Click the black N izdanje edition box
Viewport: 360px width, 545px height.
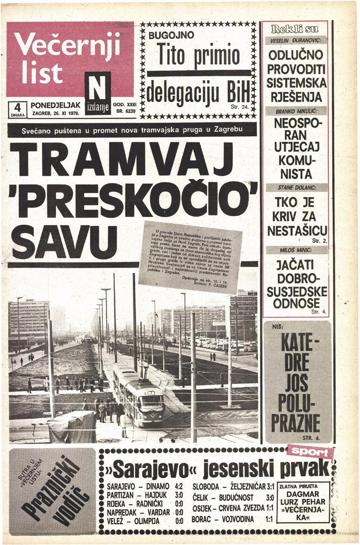(97, 93)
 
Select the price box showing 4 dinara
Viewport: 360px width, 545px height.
(17, 110)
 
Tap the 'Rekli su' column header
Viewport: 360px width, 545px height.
(296, 28)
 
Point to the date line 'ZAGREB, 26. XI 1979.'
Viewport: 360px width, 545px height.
(56, 114)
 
